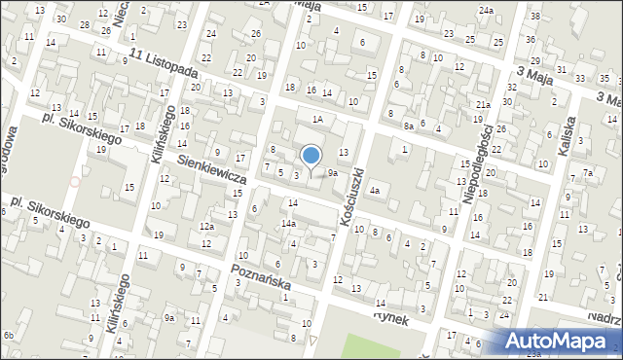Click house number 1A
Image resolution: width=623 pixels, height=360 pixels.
(x=317, y=119)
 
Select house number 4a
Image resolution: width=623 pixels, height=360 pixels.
(x=374, y=191)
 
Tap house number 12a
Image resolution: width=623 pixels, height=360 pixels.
(x=206, y=227)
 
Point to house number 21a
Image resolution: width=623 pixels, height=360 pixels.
(x=483, y=104)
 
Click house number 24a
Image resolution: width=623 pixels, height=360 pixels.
(x=486, y=10)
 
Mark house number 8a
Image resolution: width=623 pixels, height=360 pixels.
(x=410, y=126)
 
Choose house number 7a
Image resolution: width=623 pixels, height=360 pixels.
(x=588, y=173)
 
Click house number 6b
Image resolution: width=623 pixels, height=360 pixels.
(x=8, y=336)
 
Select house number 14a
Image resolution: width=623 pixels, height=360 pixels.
(x=289, y=224)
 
